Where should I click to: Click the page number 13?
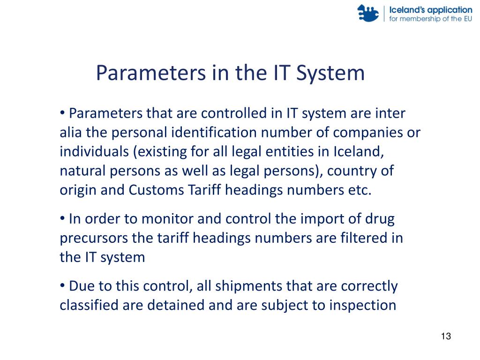coord(446,337)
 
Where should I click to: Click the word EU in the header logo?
coord(466,19)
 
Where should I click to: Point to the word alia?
coord(71,133)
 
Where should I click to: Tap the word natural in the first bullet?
coord(78,171)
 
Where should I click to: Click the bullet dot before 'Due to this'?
coord(63,286)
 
